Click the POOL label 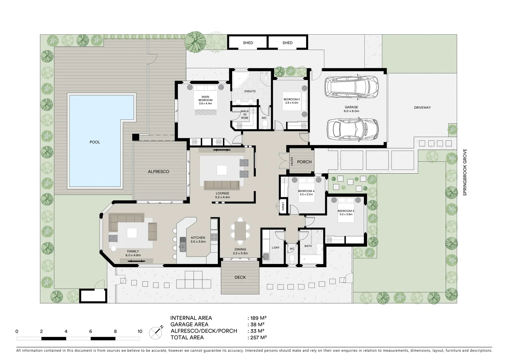(x=95, y=142)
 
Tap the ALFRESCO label (x=159, y=172)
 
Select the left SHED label (x=248, y=43)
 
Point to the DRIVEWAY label (x=422, y=108)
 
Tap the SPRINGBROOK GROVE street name (x=465, y=172)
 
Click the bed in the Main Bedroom (x=205, y=98)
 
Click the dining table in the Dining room (x=240, y=231)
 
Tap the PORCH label (x=304, y=162)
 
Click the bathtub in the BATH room (x=311, y=259)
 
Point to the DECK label (x=240, y=277)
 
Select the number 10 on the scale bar (x=140, y=331)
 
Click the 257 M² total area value (x=257, y=337)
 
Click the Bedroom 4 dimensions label (x=306, y=194)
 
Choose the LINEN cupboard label (x=283, y=206)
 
